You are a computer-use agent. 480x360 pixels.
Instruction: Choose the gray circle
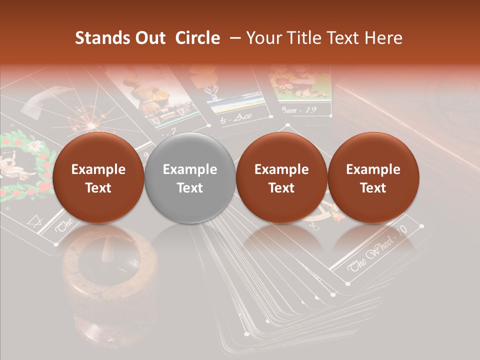pos(189,178)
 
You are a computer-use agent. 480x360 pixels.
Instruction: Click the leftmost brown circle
pos(98,178)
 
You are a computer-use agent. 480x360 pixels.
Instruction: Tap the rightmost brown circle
pos(373,178)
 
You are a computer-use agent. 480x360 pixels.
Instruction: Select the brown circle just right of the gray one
pos(281,178)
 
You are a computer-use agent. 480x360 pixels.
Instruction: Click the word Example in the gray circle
pos(190,169)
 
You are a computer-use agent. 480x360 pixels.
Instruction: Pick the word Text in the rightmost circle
pos(373,188)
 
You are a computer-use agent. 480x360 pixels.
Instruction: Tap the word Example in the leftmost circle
pos(98,169)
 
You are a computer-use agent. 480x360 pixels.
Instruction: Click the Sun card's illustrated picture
pos(299,82)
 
